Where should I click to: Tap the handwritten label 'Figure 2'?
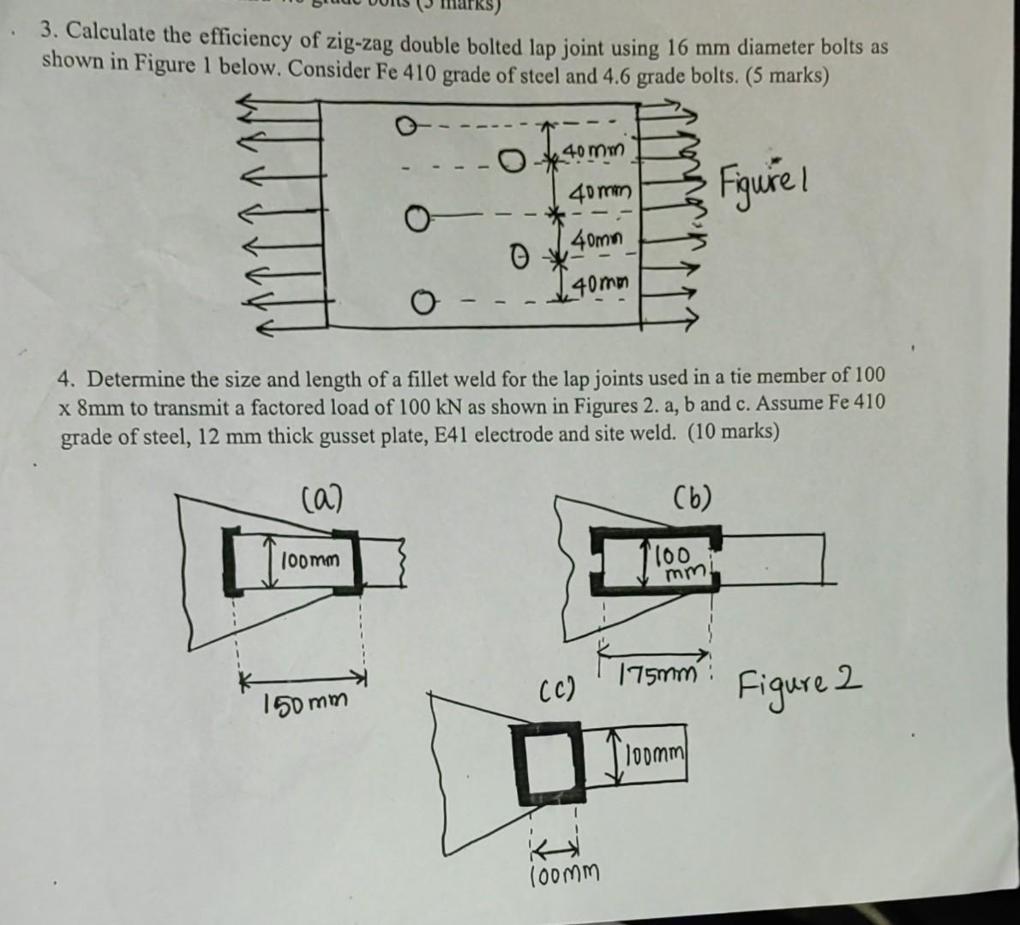(799, 686)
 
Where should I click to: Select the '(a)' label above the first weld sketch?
(322, 496)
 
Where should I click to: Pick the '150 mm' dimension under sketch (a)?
(306, 703)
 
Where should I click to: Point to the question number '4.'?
(68, 379)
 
